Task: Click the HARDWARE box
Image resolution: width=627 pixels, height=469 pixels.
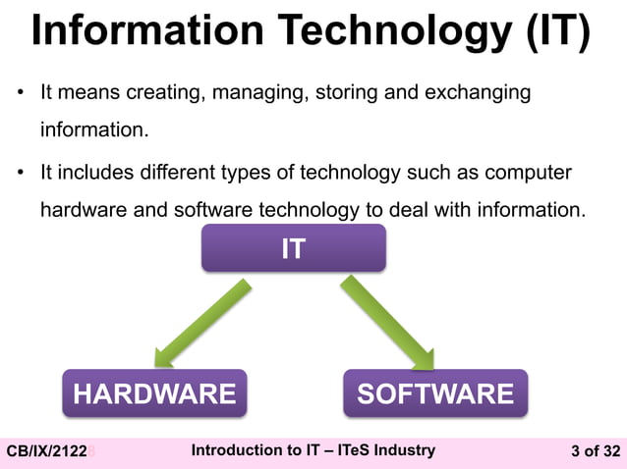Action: click(154, 393)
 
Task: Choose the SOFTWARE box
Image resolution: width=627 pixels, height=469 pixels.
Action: click(434, 393)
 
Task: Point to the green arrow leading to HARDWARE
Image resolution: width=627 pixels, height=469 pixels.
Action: click(202, 320)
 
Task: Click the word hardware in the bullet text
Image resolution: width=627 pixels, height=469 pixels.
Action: click(81, 209)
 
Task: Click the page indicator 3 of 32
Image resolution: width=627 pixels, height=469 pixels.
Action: click(596, 451)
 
